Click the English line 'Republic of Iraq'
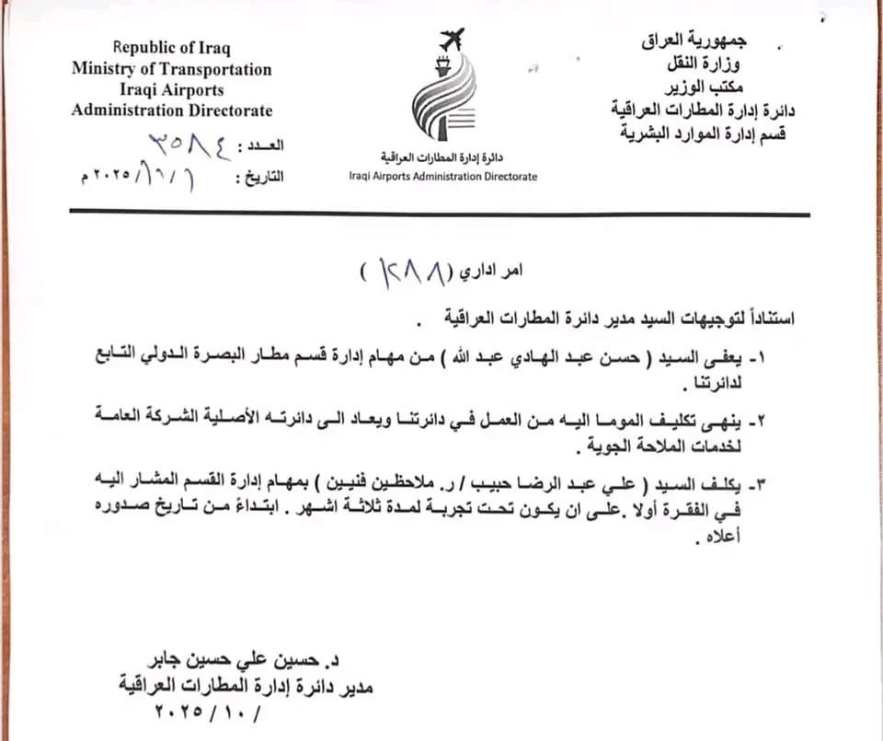click(172, 48)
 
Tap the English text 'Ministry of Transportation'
click(172, 69)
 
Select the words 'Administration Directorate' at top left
click(172, 110)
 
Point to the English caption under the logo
click(442, 176)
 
